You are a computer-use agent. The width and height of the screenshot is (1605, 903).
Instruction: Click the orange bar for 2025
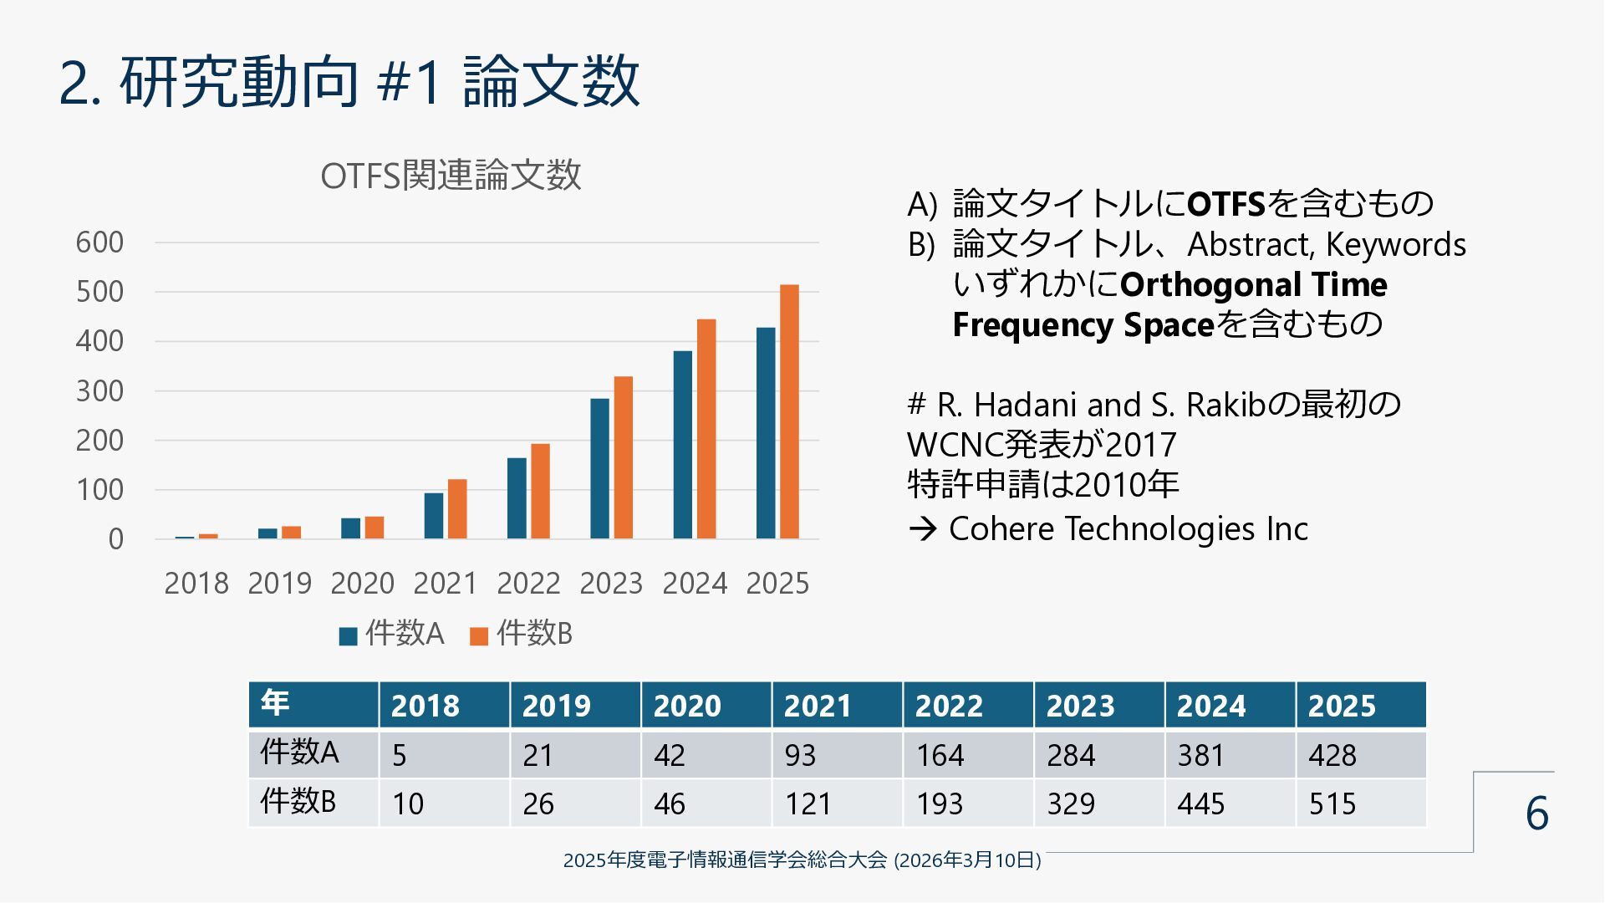[789, 411]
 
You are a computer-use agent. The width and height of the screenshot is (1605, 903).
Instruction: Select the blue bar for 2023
[599, 468]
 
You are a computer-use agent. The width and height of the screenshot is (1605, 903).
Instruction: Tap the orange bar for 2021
[457, 508]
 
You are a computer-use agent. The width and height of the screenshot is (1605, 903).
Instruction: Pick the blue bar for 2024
[682, 444]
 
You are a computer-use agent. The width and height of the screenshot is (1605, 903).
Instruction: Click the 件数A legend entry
[391, 635]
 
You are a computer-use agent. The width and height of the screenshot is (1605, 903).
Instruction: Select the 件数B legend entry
[522, 635]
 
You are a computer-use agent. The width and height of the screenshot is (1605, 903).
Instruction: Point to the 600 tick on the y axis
[99, 242]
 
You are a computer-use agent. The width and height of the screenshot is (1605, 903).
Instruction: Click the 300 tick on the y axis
[99, 391]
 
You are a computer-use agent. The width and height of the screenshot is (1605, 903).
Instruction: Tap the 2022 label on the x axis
[528, 584]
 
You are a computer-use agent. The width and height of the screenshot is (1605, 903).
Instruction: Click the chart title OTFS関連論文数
[451, 176]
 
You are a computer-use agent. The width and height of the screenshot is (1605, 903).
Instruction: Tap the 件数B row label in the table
[298, 802]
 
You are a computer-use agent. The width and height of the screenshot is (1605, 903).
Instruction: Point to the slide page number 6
[1536, 814]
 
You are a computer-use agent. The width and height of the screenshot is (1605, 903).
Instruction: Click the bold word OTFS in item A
[1226, 204]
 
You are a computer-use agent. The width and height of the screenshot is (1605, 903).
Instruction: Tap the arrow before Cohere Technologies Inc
[922, 529]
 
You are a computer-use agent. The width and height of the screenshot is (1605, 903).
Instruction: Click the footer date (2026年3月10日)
[967, 860]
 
